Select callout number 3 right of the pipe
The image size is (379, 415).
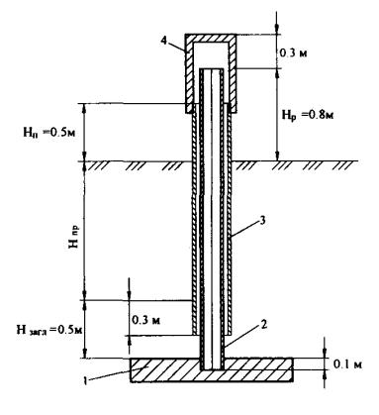[x=262, y=221]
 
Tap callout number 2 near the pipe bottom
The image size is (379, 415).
[x=263, y=325]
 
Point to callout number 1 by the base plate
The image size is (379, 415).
[x=85, y=380]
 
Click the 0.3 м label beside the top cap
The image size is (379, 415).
[x=293, y=52]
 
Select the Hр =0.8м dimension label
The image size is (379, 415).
[x=307, y=116]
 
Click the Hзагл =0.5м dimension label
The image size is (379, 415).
[x=49, y=330]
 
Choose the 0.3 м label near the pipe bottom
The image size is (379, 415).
[x=146, y=320]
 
